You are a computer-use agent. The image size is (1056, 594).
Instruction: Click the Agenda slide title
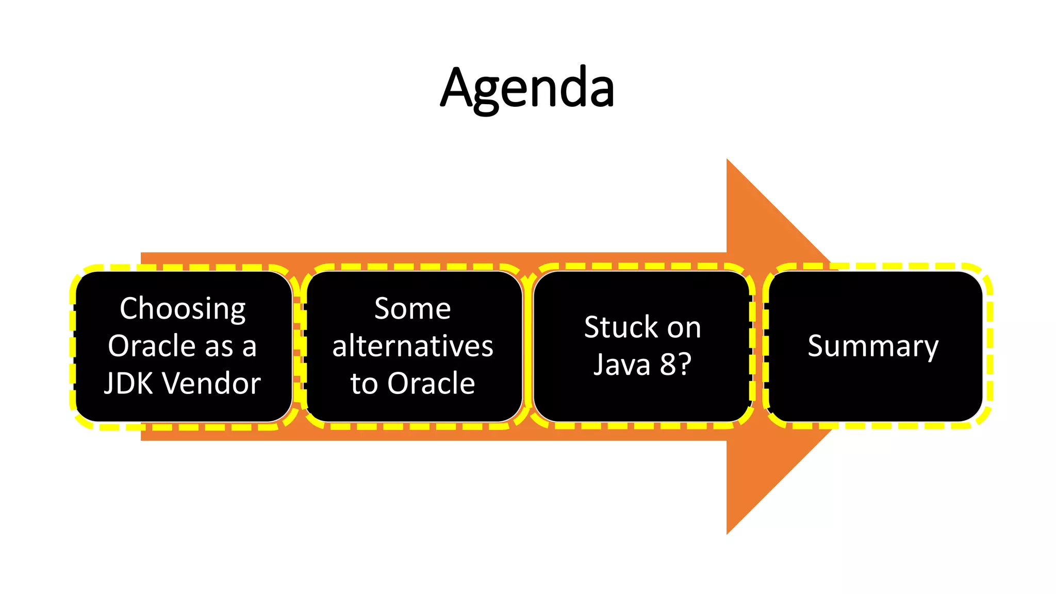point(527,88)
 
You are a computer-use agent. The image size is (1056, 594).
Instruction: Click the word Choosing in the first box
point(183,309)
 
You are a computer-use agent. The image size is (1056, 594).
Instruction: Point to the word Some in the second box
point(412,309)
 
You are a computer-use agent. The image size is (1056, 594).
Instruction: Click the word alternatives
point(412,346)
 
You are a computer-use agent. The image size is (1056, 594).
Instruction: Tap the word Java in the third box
point(622,365)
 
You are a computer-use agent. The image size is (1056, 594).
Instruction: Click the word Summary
point(872,346)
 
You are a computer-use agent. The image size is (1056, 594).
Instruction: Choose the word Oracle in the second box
point(431,383)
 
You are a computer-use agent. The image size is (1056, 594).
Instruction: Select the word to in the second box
point(364,384)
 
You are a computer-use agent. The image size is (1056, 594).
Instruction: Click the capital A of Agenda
point(457,88)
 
